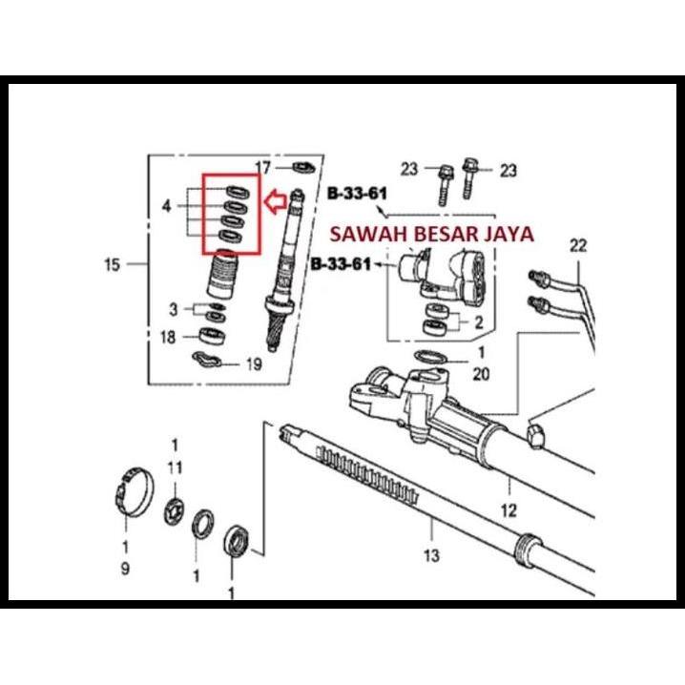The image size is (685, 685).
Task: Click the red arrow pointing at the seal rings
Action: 275,200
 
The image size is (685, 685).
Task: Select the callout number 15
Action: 113,264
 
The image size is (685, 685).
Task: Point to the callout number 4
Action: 167,205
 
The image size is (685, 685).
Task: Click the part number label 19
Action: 253,363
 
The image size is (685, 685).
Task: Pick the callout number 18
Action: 168,336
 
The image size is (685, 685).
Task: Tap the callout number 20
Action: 481,374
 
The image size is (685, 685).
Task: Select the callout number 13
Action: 430,555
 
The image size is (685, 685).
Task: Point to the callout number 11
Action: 176,467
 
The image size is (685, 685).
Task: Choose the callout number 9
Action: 125,569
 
